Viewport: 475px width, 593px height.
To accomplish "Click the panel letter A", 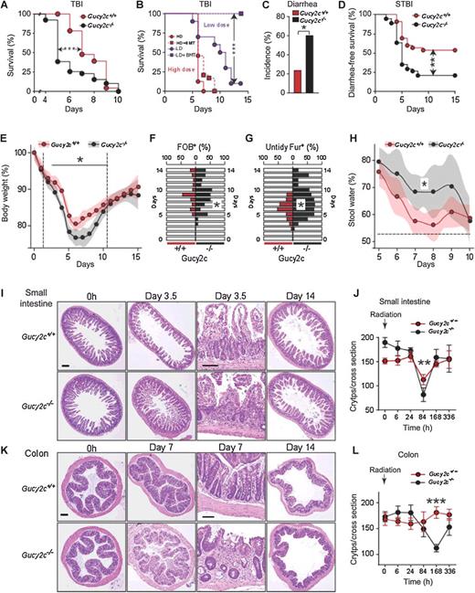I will click(x=6, y=6).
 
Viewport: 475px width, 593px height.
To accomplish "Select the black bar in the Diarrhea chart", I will click(x=271, y=63).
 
